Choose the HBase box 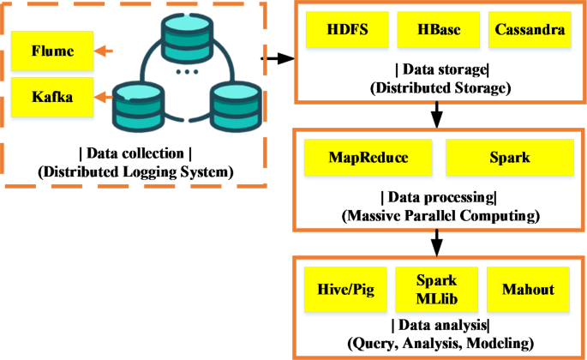(438, 30)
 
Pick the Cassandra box (529, 30)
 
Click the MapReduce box (368, 159)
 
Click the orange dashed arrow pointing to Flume (104, 51)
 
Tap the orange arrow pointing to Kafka (103, 97)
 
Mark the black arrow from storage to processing (438, 113)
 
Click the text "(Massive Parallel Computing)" (438, 214)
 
